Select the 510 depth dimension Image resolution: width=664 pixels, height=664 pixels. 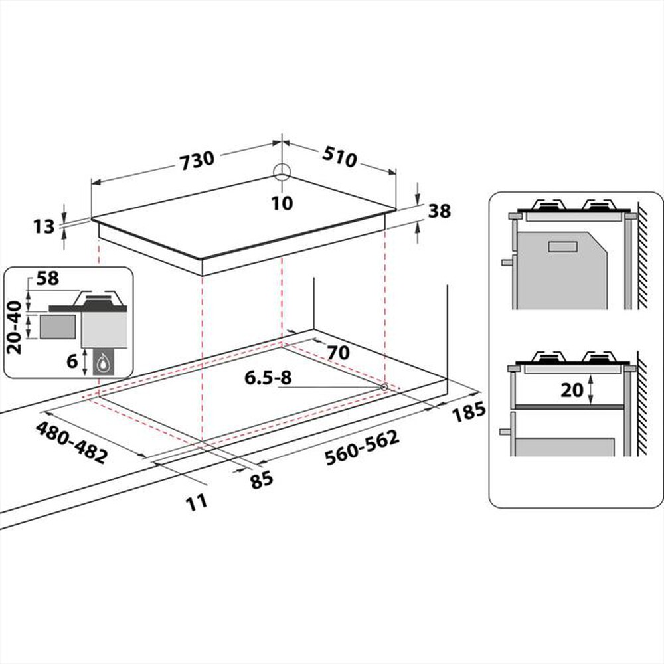tap(340, 157)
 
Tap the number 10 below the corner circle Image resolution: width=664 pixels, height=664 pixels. tap(282, 203)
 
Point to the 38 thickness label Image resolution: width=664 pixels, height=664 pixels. tap(440, 211)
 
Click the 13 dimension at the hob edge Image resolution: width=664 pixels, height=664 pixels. tap(44, 227)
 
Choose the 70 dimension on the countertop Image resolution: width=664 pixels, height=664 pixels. tap(337, 352)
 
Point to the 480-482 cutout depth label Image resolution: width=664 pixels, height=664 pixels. tap(72, 442)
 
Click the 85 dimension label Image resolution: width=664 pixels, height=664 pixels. tap(262, 478)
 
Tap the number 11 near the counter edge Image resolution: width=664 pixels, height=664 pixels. tap(197, 501)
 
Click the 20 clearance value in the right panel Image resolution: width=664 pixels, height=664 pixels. tap(571, 390)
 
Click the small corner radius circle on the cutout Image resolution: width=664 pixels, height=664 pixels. tap(384, 386)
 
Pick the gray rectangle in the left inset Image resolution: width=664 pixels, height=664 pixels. tap(57, 327)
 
